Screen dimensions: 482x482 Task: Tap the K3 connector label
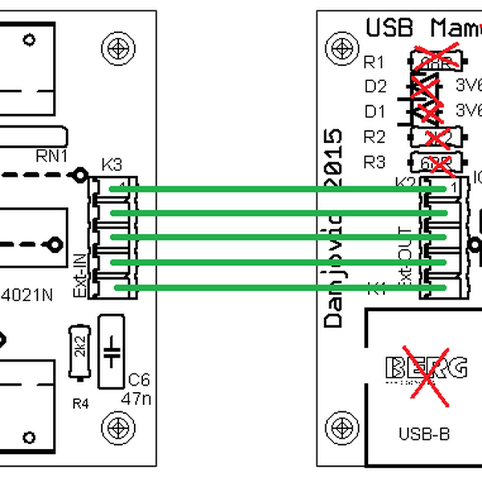pos(112,165)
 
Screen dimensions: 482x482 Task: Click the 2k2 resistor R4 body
pos(79,351)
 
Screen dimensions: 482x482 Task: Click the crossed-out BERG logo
pos(426,370)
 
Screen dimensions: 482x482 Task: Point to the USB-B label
pos(423,435)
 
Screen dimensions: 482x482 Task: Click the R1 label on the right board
pos(374,62)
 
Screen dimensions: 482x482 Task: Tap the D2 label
pos(375,86)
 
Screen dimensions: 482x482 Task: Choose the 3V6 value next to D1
pos(468,109)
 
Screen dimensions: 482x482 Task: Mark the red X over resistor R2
pos(436,137)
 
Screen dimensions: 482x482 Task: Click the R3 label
pos(374,161)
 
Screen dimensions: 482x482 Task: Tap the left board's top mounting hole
pos(120,50)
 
